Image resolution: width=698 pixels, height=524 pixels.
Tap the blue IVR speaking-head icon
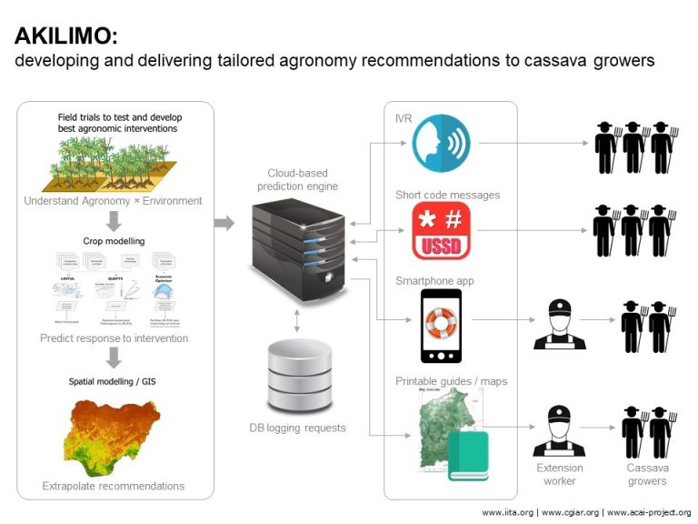(x=441, y=143)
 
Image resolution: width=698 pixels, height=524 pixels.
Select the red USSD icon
(x=441, y=232)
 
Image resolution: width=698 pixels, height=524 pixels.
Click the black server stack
(x=297, y=245)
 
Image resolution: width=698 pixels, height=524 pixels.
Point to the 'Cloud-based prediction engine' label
(x=297, y=179)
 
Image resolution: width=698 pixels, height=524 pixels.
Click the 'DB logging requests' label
(x=297, y=428)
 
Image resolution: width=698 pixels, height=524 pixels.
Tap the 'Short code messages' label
(x=434, y=195)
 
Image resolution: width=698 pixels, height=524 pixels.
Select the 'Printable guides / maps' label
(x=451, y=380)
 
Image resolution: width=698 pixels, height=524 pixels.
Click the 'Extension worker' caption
(x=559, y=474)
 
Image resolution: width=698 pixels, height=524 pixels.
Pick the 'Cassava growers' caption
(x=646, y=474)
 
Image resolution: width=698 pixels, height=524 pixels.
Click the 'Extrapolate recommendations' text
(x=114, y=486)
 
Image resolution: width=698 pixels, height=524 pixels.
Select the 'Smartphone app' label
(x=434, y=281)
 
